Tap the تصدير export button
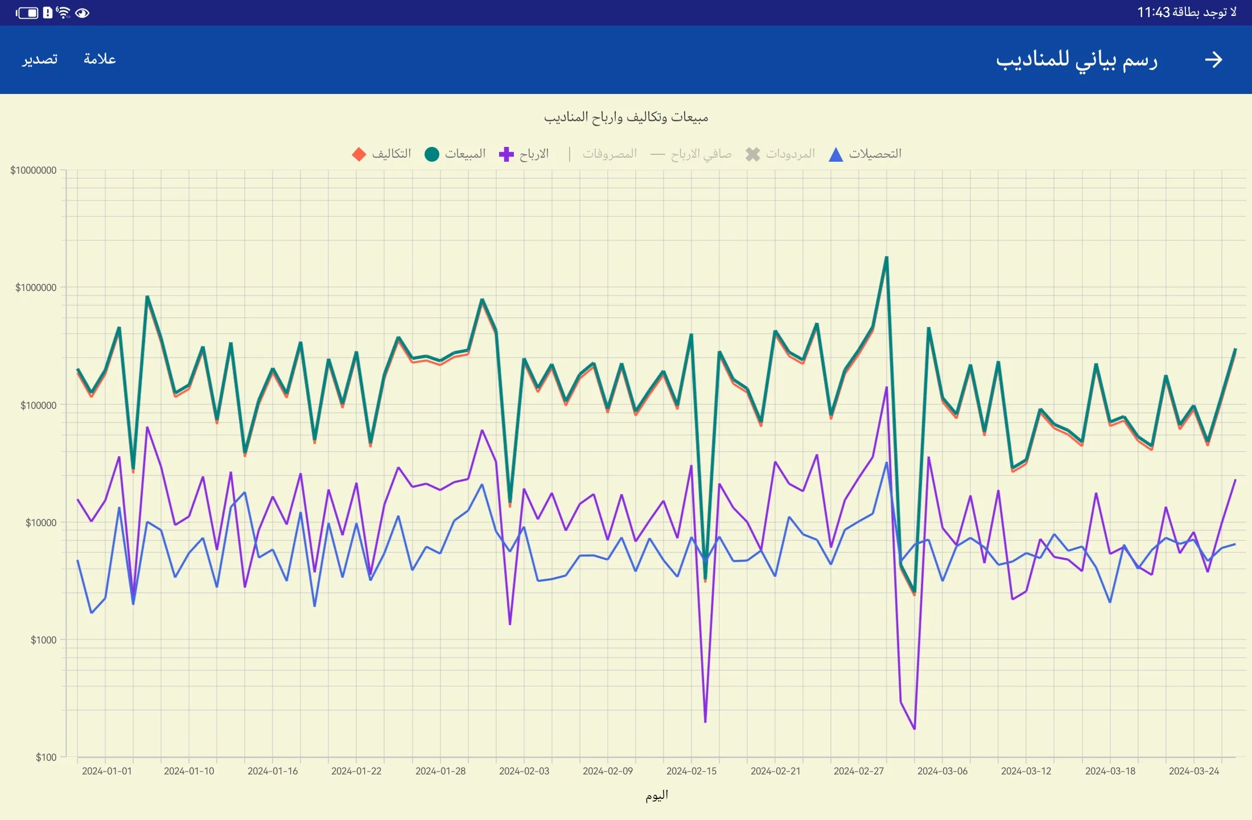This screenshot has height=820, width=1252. click(40, 59)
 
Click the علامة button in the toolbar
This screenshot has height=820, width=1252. click(100, 59)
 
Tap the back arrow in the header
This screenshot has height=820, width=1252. click(1213, 59)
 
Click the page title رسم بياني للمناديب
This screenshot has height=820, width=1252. click(1077, 60)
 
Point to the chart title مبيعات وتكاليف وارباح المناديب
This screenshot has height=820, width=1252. click(626, 117)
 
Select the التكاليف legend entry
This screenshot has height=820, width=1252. click(382, 154)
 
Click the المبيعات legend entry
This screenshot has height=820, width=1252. click(455, 154)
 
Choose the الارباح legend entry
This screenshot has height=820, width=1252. click(524, 154)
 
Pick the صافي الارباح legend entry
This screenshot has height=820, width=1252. click(691, 154)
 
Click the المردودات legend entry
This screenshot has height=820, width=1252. click(780, 154)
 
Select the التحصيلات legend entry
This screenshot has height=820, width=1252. click(865, 154)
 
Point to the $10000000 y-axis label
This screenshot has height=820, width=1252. click(34, 170)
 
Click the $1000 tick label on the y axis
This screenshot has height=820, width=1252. click(43, 640)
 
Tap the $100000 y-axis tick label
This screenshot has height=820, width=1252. click(38, 405)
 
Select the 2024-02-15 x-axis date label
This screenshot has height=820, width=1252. click(691, 771)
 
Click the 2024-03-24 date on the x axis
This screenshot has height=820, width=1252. click(1194, 771)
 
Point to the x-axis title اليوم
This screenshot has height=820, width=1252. click(657, 796)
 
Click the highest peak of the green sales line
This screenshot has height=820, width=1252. click(886, 258)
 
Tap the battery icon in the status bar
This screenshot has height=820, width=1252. click(27, 13)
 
